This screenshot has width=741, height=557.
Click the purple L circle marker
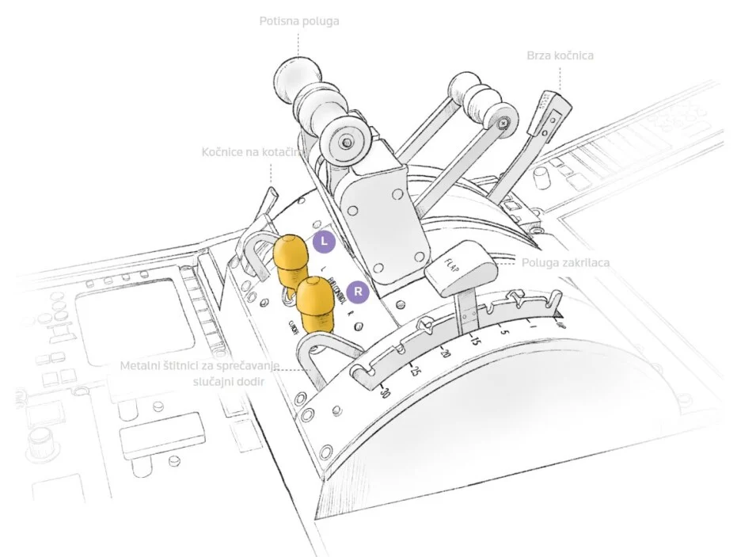[324, 242]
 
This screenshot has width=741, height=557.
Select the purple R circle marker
[359, 292]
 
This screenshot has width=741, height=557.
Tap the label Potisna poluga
[299, 21]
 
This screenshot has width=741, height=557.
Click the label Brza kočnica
[560, 56]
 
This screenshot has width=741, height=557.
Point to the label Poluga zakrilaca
[564, 262]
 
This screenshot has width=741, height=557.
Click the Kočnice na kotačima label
[250, 151]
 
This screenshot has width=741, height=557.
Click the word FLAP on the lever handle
[454, 264]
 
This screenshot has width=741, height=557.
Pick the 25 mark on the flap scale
[414, 371]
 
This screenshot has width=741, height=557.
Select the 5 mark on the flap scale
[503, 331]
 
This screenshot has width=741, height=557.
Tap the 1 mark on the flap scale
[534, 326]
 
